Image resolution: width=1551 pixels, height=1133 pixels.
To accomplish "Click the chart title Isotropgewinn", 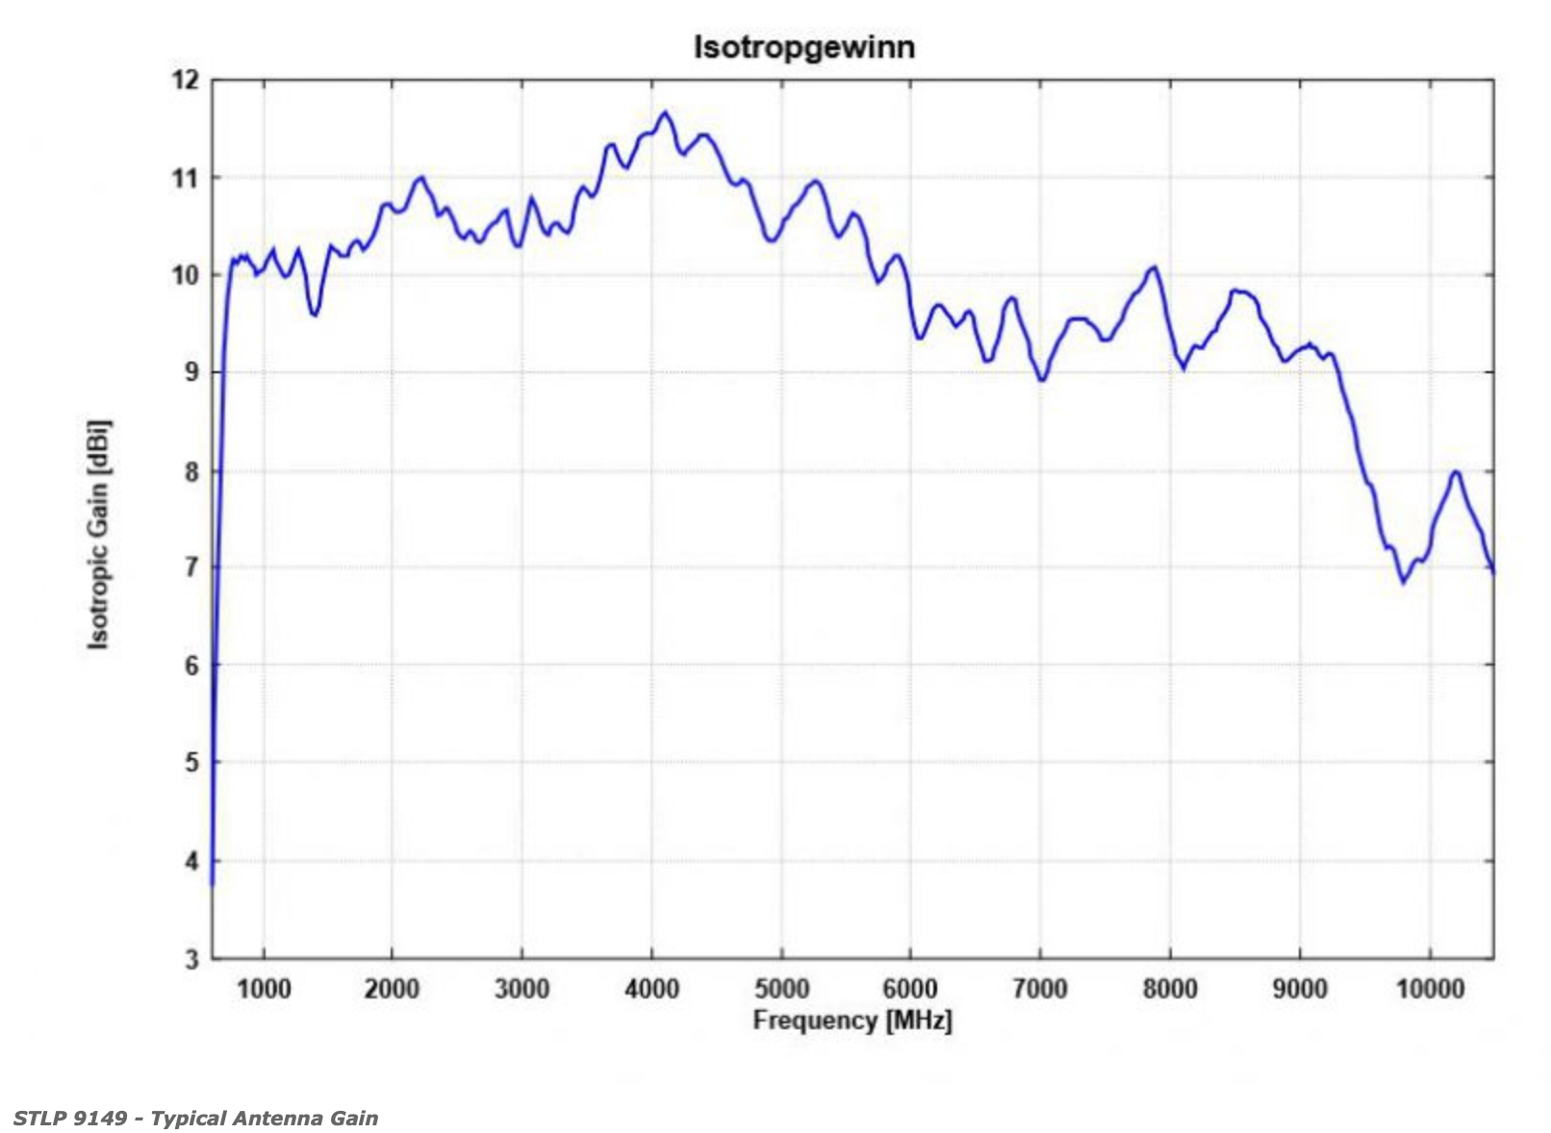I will click(x=803, y=46).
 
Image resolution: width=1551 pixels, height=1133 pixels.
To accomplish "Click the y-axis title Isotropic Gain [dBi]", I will click(x=98, y=534).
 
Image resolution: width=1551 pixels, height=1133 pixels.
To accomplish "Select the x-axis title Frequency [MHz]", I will click(x=852, y=1020).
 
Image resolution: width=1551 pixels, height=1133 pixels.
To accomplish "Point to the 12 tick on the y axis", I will click(x=186, y=81).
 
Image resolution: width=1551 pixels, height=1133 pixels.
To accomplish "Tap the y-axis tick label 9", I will click(x=191, y=372).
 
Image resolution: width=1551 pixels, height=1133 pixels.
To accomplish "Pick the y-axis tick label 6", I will click(x=191, y=666).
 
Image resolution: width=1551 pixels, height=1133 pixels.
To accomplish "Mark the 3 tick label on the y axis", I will click(x=191, y=959).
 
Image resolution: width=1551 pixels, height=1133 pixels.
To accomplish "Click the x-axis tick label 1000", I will click(x=263, y=989).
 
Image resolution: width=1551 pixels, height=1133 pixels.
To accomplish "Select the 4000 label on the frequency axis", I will click(x=651, y=989).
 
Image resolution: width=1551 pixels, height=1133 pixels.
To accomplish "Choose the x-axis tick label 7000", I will click(x=1040, y=989).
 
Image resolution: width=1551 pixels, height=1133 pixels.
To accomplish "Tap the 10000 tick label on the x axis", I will click(x=1430, y=989).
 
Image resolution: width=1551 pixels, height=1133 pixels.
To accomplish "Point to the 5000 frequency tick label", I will click(x=781, y=989).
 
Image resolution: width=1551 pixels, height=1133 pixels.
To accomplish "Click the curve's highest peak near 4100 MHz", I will click(x=664, y=113).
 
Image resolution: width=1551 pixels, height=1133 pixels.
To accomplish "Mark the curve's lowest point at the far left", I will click(x=212, y=882).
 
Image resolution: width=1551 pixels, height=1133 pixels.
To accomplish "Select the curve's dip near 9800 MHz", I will click(x=1403, y=581).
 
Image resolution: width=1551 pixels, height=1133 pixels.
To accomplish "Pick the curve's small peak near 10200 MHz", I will click(x=1456, y=471).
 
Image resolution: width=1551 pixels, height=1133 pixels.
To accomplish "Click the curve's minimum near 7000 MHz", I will click(x=1041, y=380).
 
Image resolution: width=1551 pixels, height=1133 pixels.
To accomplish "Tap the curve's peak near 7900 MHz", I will click(x=1154, y=267).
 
